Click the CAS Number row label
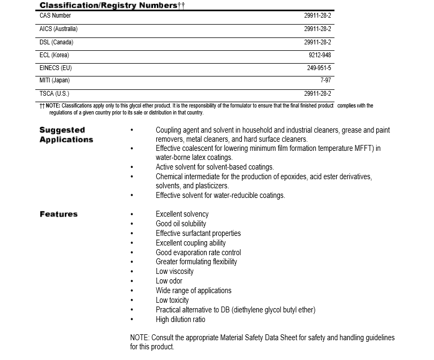pyautogui.click(x=55, y=16)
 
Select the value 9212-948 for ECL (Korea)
pyautogui.click(x=319, y=55)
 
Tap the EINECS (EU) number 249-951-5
pyautogui.click(x=319, y=68)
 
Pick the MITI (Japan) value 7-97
pyautogui.click(x=325, y=80)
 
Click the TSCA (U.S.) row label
pyautogui.click(x=54, y=94)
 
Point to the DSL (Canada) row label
pyautogui.click(x=56, y=42)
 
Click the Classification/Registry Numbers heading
pyautogui.click(x=112, y=5)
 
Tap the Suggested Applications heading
pyautogui.click(x=66, y=135)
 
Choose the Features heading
pyautogui.click(x=58, y=214)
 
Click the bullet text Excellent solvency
pyautogui.click(x=182, y=214)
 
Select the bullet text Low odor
pyautogui.click(x=169, y=281)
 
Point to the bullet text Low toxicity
pyautogui.click(x=172, y=300)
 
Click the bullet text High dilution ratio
pyautogui.click(x=180, y=319)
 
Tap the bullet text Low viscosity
pyautogui.click(x=174, y=271)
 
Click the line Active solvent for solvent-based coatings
pyautogui.click(x=215, y=167)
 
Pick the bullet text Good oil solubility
pyautogui.click(x=181, y=224)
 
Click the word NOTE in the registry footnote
pyautogui.click(x=53, y=106)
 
